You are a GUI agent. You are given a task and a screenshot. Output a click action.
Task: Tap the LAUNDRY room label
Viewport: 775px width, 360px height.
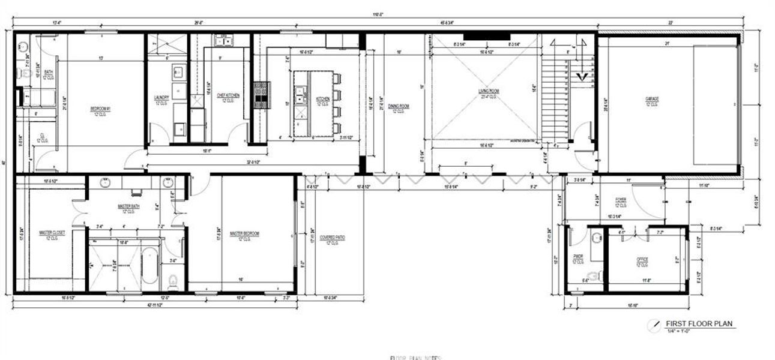pyautogui.click(x=161, y=98)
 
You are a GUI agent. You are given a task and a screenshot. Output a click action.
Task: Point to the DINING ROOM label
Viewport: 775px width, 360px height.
pyautogui.click(x=398, y=107)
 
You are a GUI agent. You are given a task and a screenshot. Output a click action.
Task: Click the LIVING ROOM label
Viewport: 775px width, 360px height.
pyautogui.click(x=489, y=91)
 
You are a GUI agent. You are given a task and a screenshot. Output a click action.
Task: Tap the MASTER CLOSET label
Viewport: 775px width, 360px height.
pyautogui.click(x=52, y=233)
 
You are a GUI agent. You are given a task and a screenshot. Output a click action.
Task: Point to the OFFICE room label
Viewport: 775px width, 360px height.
pyautogui.click(x=642, y=260)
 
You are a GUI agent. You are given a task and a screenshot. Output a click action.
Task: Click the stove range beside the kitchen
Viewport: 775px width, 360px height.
pyautogui.click(x=262, y=95)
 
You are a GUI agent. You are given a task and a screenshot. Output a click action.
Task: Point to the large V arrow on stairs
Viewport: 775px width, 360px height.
pyautogui.click(x=580, y=76)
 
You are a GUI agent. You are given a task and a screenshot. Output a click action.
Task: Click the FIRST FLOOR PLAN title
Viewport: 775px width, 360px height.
pyautogui.click(x=699, y=324)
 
